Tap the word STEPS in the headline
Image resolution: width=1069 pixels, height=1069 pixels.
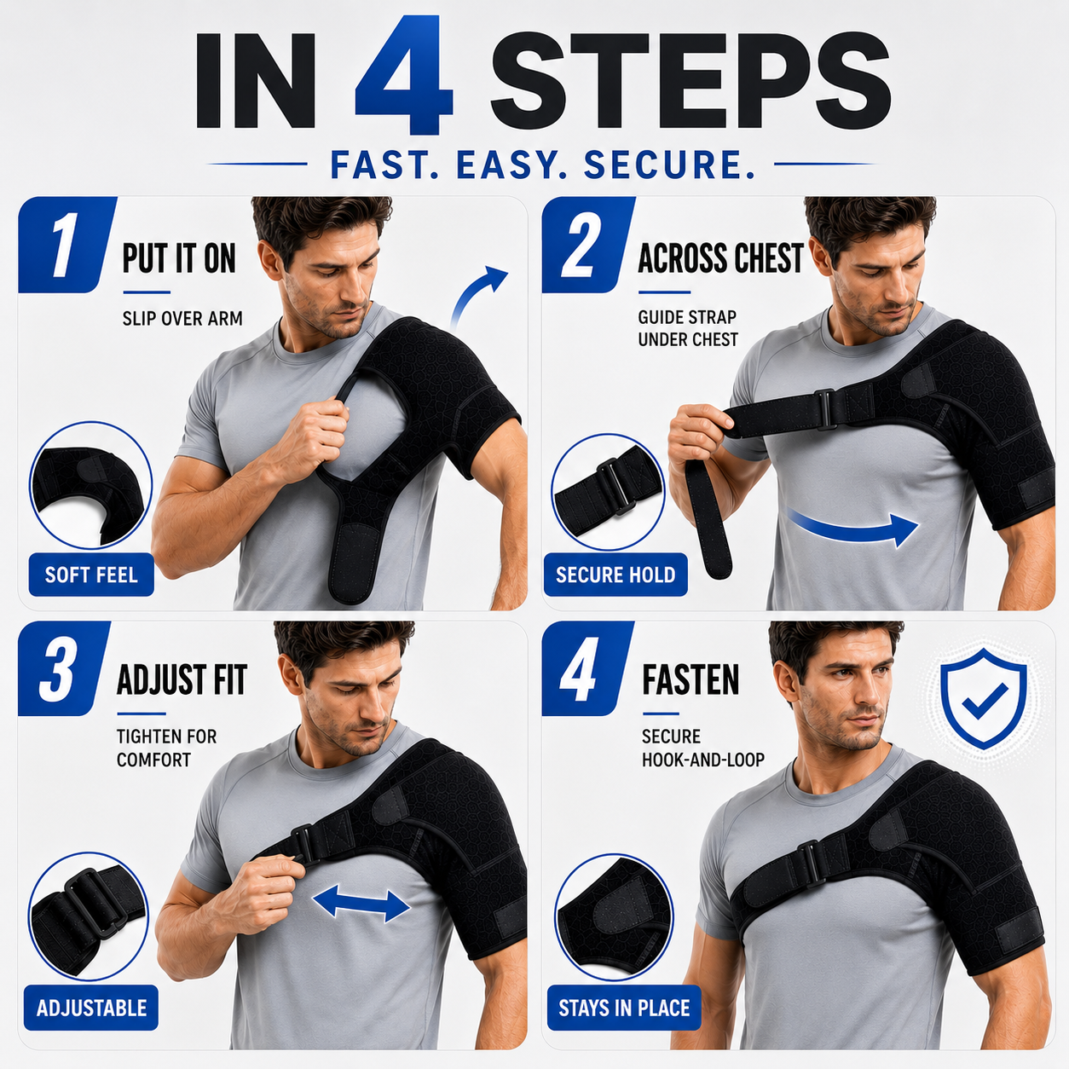691,80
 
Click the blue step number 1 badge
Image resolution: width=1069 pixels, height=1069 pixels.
67,245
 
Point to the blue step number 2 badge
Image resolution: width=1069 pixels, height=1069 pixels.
588,245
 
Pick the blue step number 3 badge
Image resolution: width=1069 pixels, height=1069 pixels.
64,668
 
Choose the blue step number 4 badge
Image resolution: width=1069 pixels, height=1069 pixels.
587,668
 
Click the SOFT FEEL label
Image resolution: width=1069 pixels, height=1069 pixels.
91,575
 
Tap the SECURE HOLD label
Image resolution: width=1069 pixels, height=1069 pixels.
615,575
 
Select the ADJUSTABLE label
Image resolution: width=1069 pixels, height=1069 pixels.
91,1008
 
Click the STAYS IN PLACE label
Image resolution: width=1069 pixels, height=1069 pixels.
624,1008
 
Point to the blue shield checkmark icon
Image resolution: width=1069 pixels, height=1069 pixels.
984,697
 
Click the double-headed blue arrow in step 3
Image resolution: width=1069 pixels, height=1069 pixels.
361,904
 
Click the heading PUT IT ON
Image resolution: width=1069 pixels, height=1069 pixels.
179,258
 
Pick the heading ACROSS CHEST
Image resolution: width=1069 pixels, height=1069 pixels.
720,258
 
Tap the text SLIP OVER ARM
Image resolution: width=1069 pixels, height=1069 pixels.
182,319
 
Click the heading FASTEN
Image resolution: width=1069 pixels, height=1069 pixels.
691,679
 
